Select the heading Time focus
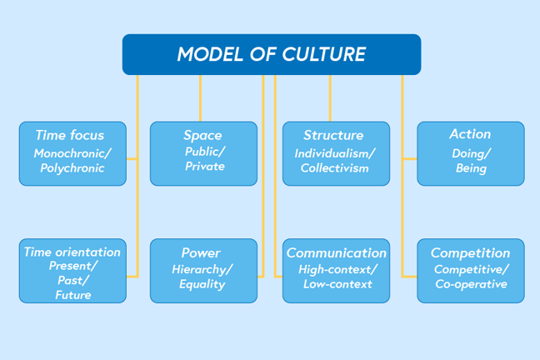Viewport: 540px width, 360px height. point(70,135)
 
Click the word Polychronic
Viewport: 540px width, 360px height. point(72,168)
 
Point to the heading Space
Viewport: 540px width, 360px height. point(203,135)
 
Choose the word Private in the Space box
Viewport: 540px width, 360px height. point(205,167)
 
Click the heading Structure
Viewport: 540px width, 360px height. point(333,135)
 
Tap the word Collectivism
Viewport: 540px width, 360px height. point(334,168)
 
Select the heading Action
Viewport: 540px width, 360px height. point(470,134)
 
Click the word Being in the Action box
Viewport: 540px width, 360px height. point(471,168)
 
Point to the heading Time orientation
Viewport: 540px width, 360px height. point(72,252)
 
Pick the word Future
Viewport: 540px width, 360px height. point(72,295)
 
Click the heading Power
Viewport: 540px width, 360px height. point(201,252)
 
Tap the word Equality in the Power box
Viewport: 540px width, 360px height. point(202,284)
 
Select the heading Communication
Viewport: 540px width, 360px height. point(337,252)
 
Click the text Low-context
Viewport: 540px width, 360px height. point(337,284)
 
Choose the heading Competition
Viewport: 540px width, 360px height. point(470,252)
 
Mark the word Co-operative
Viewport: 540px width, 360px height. point(471,284)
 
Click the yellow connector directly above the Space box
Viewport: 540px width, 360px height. point(200,98)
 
